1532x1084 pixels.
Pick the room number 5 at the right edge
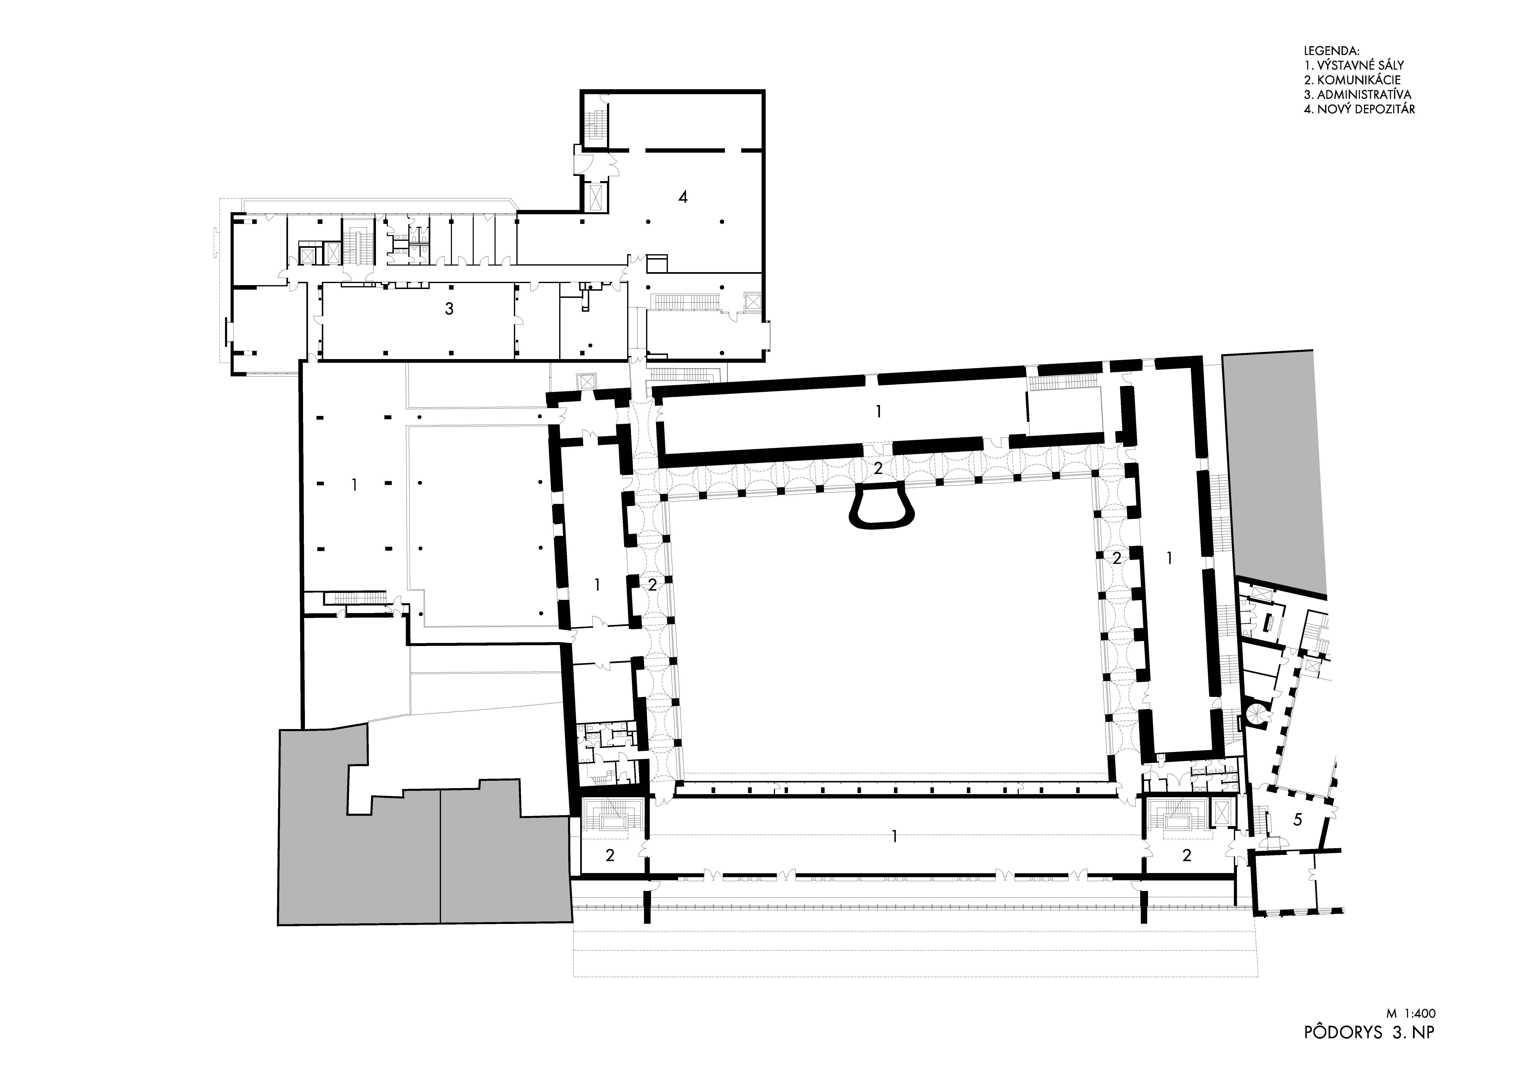[x=1297, y=820]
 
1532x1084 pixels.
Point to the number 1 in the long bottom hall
[x=895, y=836]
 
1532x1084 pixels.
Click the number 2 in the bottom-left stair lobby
[x=610, y=856]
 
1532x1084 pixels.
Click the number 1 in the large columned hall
[x=354, y=485]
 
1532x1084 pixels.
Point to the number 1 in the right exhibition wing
[x=1168, y=557]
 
